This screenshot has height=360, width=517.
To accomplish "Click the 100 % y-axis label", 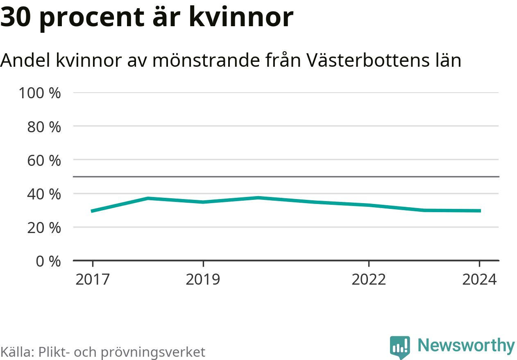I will tap(40, 93).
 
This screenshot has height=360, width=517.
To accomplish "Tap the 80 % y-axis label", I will tap(44, 127).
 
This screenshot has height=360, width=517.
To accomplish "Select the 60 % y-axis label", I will tap(44, 160).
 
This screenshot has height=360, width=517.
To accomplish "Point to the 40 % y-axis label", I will tap(44, 194).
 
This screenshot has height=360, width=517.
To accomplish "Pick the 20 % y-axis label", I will tap(44, 227).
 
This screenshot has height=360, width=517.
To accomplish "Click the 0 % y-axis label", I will tap(48, 261).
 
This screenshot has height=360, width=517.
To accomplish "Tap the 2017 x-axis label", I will tap(93, 280).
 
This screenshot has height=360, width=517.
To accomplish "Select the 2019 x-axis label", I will tap(203, 280).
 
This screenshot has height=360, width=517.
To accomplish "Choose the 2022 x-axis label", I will tap(369, 280).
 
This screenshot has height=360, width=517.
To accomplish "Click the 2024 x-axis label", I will tap(479, 280).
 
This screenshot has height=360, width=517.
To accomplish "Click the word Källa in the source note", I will tap(17, 352).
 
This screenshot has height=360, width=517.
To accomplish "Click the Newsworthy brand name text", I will tap(466, 345).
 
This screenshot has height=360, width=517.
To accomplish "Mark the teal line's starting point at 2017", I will tap(93, 211).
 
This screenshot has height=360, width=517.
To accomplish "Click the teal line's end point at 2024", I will tap(479, 211).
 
